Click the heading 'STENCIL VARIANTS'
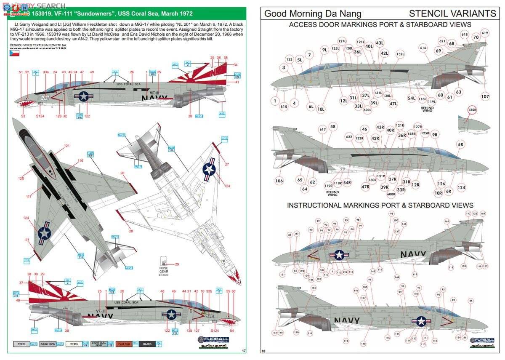click(452, 13)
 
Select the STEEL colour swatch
click(21, 344)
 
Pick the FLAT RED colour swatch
click(125, 344)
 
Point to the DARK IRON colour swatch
click(48, 344)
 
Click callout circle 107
click(485, 96)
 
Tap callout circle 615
click(284, 107)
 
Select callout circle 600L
click(367, 110)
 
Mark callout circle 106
click(279, 181)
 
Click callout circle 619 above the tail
click(485, 33)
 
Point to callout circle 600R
click(391, 194)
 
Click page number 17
click(244, 350)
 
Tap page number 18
click(263, 351)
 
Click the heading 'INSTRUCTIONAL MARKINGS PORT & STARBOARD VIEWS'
click(380, 205)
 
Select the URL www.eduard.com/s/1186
click(40, 53)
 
